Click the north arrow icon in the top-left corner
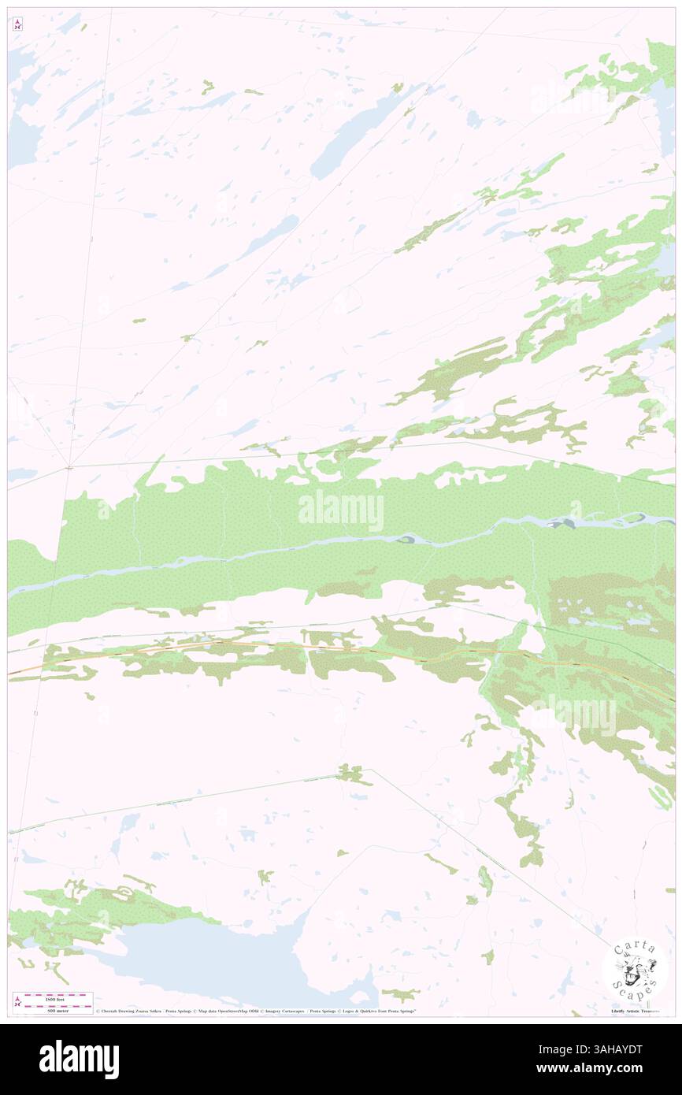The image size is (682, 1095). (x=17, y=24)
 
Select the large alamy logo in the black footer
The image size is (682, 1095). (x=79, y=1060)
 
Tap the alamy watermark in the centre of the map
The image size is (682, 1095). (x=341, y=512)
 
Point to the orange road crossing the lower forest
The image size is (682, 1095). (x=236, y=644)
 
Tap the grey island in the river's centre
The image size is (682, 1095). (x=406, y=540)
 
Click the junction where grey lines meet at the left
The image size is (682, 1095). (x=69, y=467)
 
